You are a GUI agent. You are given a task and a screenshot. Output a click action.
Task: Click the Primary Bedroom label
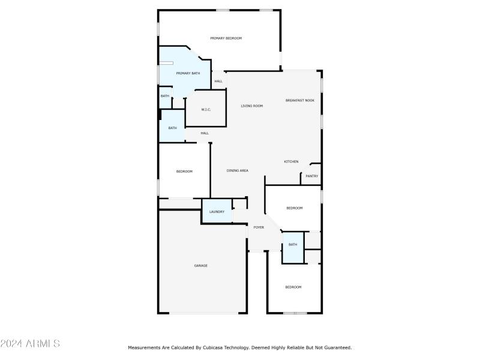coord(226,38)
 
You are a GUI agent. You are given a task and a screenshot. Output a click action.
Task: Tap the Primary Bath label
coord(188,73)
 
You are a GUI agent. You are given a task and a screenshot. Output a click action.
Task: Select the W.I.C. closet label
coord(206,109)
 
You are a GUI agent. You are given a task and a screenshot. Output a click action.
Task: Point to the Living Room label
coord(252,106)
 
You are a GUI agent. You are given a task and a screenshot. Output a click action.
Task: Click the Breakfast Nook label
coord(299,100)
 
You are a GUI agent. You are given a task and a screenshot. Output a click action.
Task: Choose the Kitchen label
coord(291,161)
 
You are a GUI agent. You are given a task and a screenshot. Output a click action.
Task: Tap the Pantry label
coord(311,176)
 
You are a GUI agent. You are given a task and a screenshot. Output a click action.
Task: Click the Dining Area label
coord(238,171)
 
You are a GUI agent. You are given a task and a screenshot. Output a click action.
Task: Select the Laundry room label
coord(217,212)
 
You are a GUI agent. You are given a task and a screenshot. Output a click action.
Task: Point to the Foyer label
coord(259,227)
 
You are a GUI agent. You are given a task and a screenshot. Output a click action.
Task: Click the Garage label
coord(200,265)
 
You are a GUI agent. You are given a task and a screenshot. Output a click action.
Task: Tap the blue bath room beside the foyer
coord(293,245)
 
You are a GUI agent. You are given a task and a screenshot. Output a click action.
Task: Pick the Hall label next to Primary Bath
coord(218,81)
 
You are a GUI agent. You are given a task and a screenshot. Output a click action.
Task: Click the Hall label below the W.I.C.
coord(205,133)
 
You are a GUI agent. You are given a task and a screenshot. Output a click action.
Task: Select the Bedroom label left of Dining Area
coord(184,172)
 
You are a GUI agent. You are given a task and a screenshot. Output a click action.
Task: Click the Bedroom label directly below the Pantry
coord(294,208)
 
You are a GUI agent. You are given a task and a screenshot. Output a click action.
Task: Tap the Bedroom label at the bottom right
coord(293,287)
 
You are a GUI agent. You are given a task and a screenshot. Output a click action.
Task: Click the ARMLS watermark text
coord(30,344)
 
